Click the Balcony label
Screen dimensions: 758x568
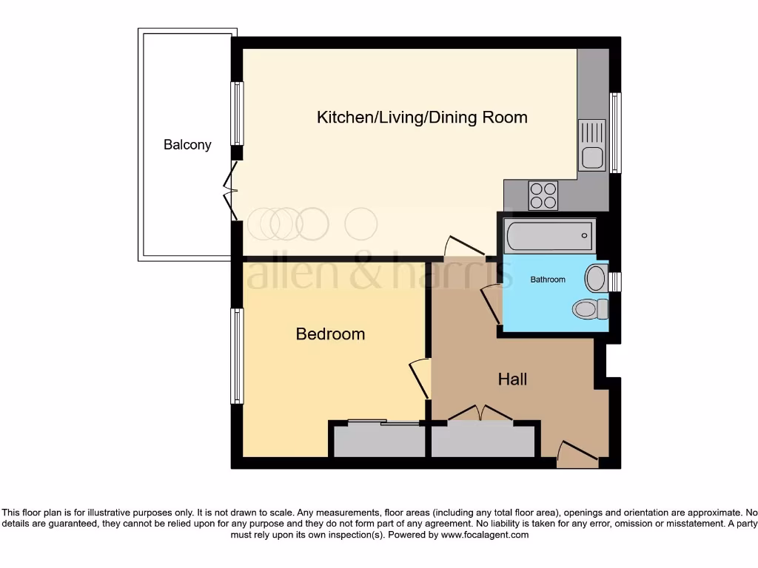187,145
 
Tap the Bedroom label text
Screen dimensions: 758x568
330,334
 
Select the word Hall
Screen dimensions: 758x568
512,379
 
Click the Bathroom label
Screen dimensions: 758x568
548,280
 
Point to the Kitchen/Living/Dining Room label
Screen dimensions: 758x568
422,118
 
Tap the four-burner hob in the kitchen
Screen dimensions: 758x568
543,195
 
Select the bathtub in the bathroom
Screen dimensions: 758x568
550,236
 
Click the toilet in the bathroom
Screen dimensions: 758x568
590,309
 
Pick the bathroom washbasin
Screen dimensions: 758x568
597,278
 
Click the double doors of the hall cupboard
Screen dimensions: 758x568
480,413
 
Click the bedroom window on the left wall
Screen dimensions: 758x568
237,356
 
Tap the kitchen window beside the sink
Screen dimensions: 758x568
615,133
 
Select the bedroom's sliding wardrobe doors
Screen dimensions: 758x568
384,422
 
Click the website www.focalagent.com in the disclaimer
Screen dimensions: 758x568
484,535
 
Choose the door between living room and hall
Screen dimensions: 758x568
465,246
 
